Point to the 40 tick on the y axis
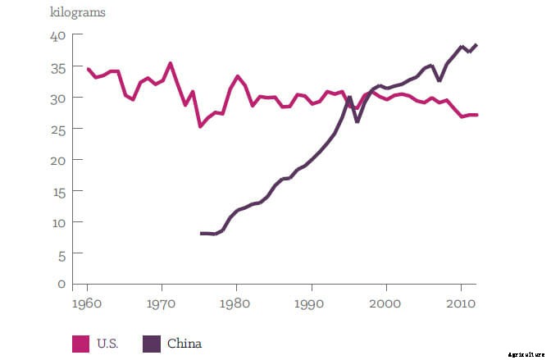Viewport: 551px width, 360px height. [57, 36]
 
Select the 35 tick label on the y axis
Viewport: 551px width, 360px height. [57, 67]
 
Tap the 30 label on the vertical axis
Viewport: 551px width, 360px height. [57, 98]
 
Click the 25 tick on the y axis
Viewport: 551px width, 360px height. [57, 130]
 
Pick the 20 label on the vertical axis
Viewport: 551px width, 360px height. [57, 161]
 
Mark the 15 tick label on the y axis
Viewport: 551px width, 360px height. [57, 192]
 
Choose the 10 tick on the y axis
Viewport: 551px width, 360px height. [57, 223]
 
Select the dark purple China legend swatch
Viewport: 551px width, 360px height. [153, 344]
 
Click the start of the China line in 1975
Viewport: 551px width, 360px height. [201, 234]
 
